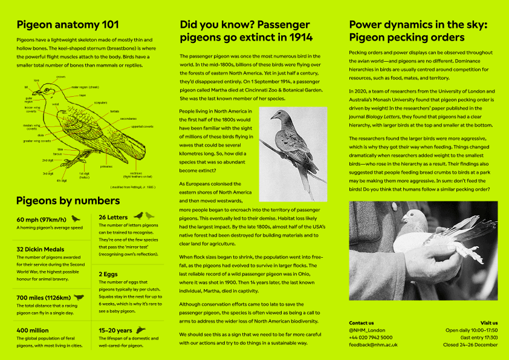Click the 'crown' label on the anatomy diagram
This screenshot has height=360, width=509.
click(61, 77)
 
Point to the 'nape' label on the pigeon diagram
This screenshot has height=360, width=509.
click(82, 95)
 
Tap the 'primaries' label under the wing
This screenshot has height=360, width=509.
click(106, 166)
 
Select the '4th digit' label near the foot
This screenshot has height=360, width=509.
click(61, 180)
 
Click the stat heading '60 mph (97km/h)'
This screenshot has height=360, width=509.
click(41, 219)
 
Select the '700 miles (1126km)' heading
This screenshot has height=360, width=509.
click(44, 298)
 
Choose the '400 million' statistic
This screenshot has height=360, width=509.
click(33, 330)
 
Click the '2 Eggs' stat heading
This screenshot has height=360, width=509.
click(108, 273)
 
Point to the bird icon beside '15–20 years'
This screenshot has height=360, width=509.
click(141, 330)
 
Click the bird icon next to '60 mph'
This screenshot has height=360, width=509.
click(76, 218)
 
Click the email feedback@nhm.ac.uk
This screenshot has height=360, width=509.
click(373, 344)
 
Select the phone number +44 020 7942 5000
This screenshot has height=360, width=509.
click(371, 337)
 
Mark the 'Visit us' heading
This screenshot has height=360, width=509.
click(489, 323)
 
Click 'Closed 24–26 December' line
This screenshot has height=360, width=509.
click(470, 344)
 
